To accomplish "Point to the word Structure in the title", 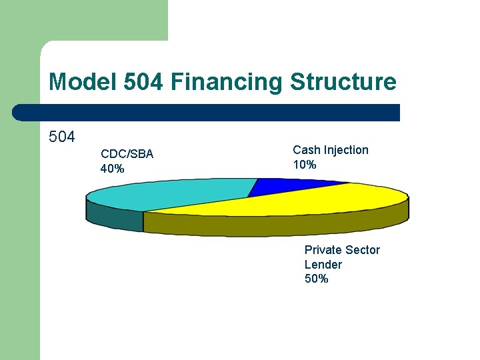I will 343,83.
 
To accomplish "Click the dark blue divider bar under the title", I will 207,113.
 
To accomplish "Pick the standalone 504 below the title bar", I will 62,137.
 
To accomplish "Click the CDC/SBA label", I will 127,154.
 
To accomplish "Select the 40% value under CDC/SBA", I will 112,169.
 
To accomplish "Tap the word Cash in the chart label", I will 306,150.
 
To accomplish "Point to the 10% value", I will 305,165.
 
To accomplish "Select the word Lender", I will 323,265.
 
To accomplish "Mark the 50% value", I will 317,279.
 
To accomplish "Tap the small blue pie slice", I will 293,187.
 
